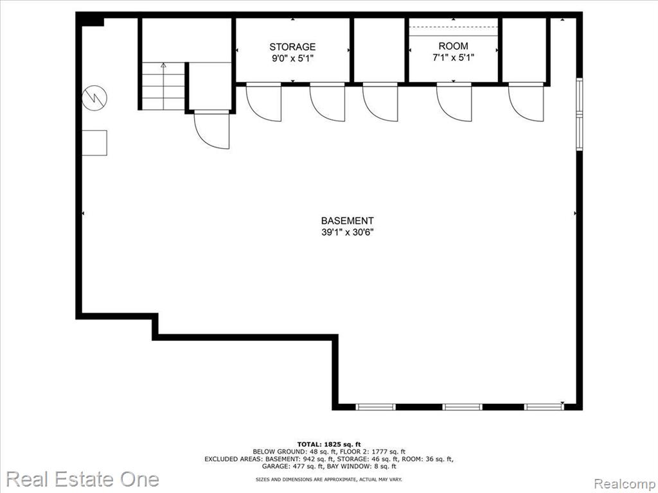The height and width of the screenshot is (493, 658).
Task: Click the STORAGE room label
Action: tap(292, 47)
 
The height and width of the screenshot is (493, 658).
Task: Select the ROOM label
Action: tap(453, 46)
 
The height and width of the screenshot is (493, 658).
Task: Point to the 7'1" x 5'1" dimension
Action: tap(453, 58)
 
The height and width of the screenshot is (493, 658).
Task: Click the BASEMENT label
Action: tap(347, 221)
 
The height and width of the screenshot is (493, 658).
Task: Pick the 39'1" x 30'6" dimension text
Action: tap(348, 232)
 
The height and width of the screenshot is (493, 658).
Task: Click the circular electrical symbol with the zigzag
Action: tap(95, 98)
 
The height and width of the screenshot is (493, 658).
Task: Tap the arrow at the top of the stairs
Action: tap(163, 65)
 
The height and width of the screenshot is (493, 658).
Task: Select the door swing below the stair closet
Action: tap(211, 130)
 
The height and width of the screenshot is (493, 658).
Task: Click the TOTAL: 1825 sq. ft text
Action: tap(328, 444)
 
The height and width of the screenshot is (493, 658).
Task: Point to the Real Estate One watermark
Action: tap(83, 479)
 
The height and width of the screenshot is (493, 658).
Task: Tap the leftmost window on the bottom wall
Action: tap(375, 406)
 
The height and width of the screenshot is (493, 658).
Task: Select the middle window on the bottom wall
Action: tap(462, 406)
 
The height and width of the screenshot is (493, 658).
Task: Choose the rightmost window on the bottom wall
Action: tap(544, 406)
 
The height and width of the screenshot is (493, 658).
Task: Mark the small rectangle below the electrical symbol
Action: tap(94, 143)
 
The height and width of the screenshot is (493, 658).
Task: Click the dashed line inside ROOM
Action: tap(453, 27)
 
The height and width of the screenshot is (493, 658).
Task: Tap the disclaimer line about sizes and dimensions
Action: tap(328, 479)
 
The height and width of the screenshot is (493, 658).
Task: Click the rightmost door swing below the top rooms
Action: tap(526, 103)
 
